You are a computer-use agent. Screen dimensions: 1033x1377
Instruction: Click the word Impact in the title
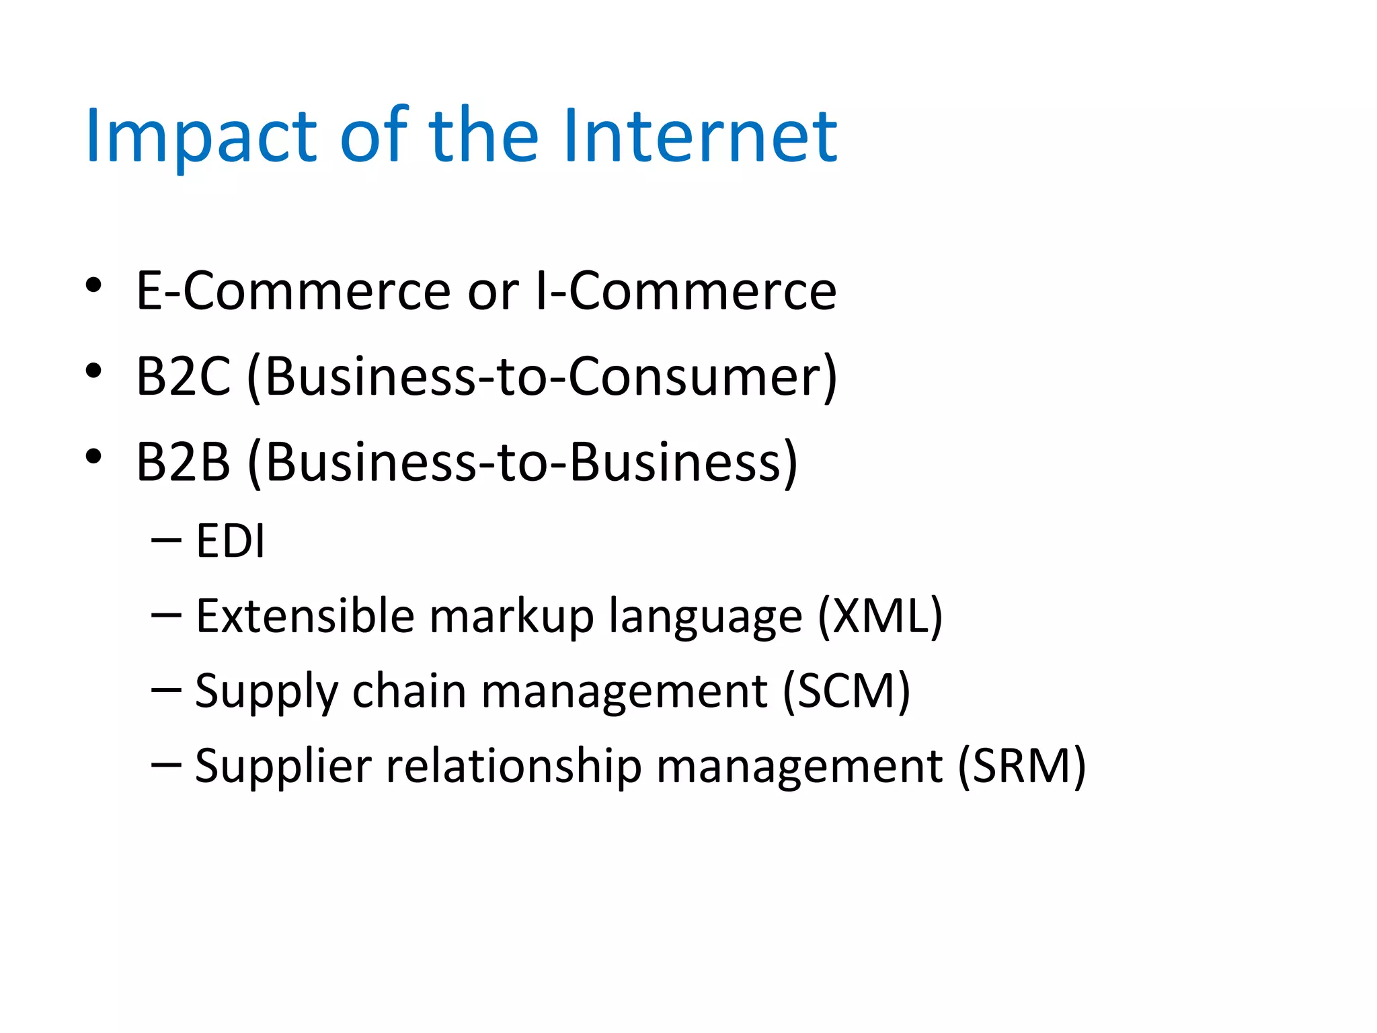(200, 137)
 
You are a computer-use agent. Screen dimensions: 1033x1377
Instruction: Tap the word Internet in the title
(700, 137)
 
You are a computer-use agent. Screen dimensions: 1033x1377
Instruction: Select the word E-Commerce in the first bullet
(293, 291)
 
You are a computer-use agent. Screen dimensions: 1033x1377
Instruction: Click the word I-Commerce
(686, 291)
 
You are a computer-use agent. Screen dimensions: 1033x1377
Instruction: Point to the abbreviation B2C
(183, 377)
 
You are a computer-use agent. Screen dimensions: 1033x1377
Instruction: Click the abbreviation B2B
(183, 463)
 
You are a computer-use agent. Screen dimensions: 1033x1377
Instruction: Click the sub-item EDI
(230, 541)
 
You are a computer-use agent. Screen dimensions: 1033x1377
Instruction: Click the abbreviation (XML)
(880, 616)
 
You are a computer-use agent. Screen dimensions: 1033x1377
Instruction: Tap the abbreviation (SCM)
(846, 691)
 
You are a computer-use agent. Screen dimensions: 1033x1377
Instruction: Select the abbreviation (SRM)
(1021, 766)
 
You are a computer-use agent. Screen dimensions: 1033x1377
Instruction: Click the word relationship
(514, 766)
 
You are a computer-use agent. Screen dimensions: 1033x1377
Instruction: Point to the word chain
(409, 691)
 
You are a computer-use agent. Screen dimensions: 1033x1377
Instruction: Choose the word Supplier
(283, 766)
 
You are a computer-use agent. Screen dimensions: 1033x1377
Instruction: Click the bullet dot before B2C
(93, 371)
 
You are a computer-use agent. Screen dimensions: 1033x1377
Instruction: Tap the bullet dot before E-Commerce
(93, 285)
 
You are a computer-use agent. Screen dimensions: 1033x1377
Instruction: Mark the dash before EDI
(166, 540)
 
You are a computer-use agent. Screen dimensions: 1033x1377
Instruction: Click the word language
(705, 616)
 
